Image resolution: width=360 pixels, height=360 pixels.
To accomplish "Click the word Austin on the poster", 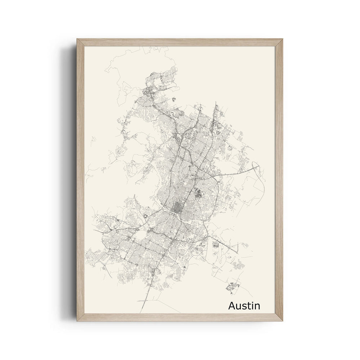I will coord(244,306).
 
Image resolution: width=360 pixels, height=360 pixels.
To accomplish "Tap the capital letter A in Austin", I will coord(232,306).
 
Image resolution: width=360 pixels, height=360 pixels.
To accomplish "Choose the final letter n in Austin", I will coord(257,307).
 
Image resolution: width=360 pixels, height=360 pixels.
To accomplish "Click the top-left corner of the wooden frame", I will coord(77,39).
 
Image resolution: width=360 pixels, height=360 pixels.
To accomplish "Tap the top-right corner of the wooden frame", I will coord(283,39).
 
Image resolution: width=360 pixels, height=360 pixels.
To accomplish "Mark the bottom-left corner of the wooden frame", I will coord(77,320).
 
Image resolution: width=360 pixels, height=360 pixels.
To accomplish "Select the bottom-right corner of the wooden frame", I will coord(283,320).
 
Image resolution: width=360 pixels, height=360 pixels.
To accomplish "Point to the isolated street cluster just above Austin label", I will coord(233,287).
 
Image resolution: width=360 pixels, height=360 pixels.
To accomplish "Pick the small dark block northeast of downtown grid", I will coord(198,194).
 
